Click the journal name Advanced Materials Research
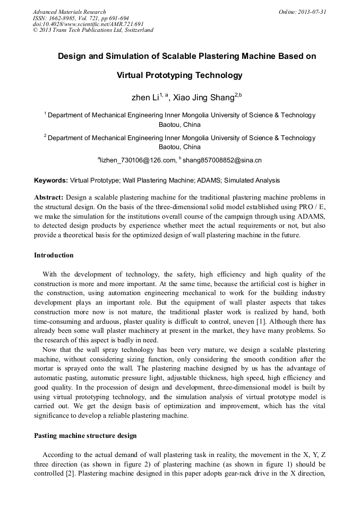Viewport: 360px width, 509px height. coord(69,12)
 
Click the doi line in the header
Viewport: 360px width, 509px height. coord(88,24)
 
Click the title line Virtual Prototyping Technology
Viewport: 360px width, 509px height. coord(179,75)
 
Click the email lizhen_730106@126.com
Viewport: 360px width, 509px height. coord(138,160)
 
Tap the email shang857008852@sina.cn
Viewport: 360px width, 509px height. coord(221,160)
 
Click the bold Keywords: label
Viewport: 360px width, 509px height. coord(51,180)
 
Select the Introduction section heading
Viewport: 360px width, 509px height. coord(54,255)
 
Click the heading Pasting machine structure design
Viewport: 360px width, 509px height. coord(85,436)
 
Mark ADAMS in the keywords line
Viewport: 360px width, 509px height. coord(208,180)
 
